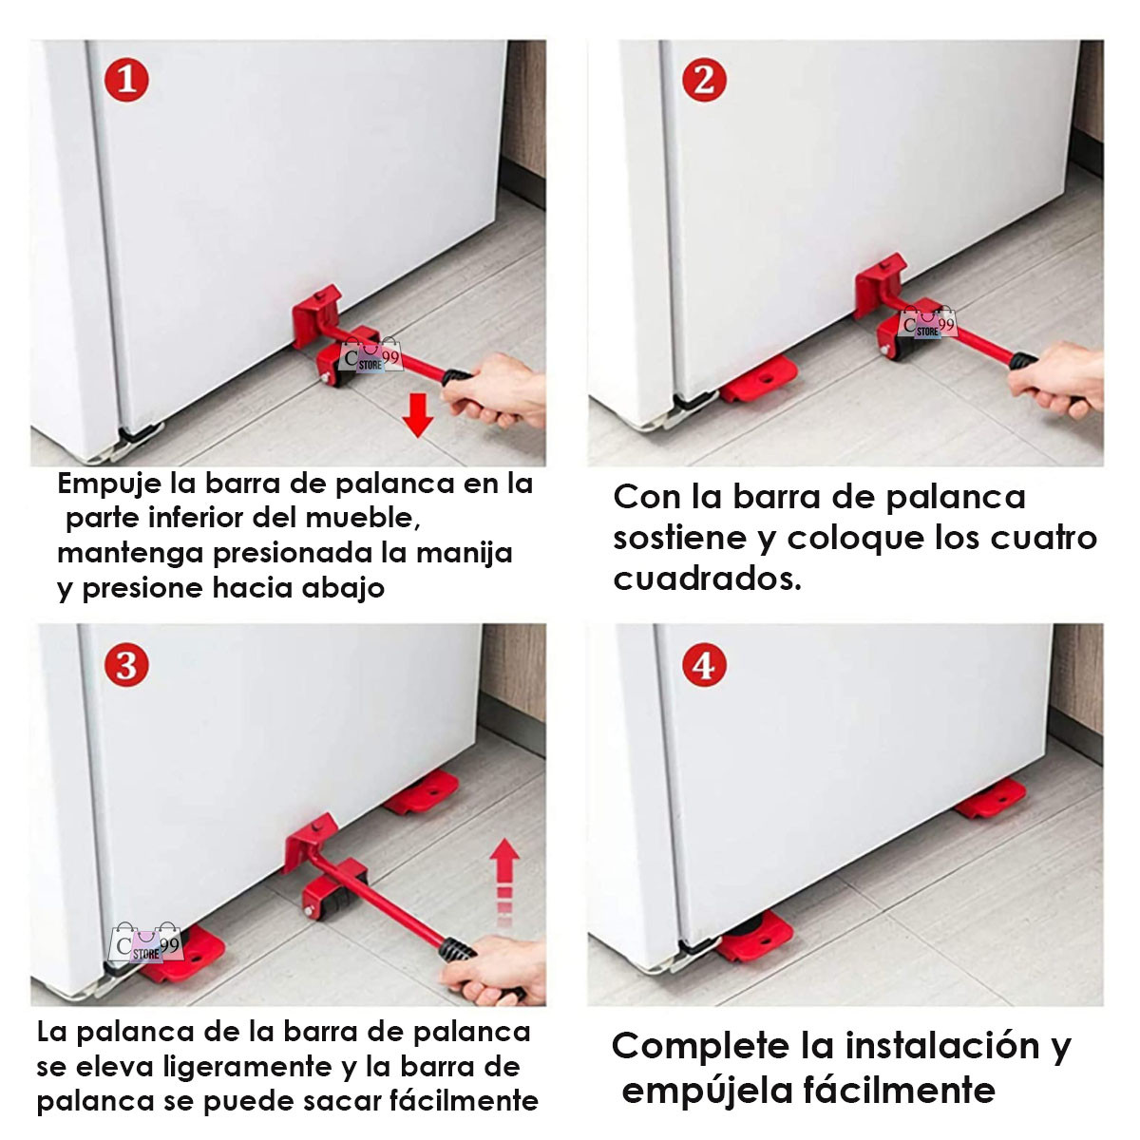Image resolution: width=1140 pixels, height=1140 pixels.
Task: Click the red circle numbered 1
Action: [x=126, y=79]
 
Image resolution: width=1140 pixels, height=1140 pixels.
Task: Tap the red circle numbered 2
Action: [x=704, y=79]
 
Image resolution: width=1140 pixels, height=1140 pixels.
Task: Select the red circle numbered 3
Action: [x=126, y=665]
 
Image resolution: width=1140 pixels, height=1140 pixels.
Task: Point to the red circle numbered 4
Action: [x=704, y=665]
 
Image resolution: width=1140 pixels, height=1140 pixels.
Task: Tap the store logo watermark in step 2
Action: [x=927, y=322]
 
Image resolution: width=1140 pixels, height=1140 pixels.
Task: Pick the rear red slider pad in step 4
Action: [x=990, y=797]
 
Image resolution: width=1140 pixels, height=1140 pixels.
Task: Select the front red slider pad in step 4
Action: [x=754, y=936]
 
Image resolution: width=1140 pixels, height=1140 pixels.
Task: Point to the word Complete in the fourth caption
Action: [x=701, y=1046]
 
